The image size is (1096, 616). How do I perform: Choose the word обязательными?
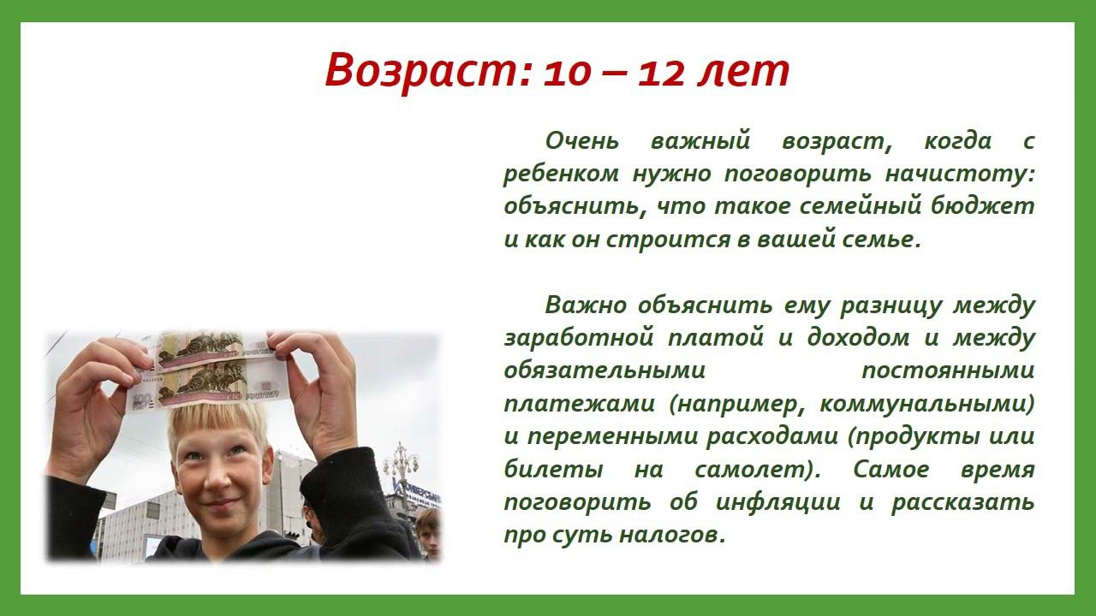604,371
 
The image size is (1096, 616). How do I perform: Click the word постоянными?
947,371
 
